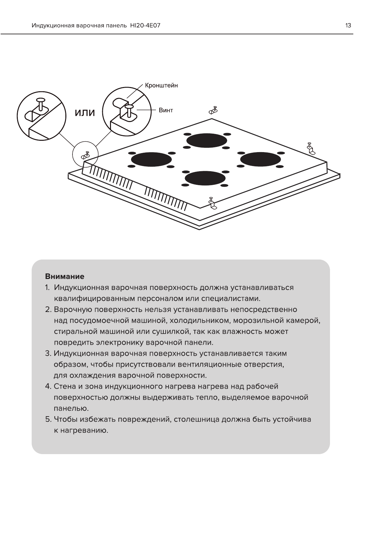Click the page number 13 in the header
[x=348, y=25]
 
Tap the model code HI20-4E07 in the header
[x=145, y=25]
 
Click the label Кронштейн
[x=161, y=85]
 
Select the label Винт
[x=166, y=110]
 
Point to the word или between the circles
[x=85, y=113]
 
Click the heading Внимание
[x=65, y=276]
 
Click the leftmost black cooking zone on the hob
[x=151, y=160]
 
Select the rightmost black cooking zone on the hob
[x=260, y=159]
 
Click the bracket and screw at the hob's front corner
[x=212, y=203]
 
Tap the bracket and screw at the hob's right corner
[x=311, y=148]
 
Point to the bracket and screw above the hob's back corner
[x=213, y=110]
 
